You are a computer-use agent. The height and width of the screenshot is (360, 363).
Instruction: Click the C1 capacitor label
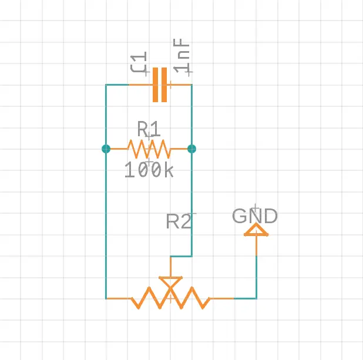click(139, 63)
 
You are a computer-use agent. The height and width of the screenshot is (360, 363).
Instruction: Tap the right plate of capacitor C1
click(164, 85)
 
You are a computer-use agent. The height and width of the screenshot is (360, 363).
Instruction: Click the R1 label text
click(149, 129)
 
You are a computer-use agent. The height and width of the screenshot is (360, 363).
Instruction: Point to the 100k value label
click(149, 170)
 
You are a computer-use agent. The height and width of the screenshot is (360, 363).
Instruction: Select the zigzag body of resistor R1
click(149, 149)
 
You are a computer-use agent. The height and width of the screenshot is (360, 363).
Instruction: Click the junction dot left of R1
click(106, 149)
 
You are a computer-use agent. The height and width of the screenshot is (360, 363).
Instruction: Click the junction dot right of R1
click(191, 149)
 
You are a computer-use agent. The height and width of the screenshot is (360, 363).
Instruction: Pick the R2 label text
click(179, 221)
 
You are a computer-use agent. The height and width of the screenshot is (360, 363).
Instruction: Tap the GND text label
click(255, 216)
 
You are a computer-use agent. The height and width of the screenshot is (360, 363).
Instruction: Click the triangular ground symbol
click(256, 230)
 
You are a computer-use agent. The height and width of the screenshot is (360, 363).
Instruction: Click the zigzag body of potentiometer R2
click(170, 298)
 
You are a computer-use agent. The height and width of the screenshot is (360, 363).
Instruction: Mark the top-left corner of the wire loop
click(106, 85)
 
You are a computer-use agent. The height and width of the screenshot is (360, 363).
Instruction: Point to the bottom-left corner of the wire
click(106, 298)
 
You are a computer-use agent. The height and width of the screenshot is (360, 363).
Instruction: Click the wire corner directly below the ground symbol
click(256, 298)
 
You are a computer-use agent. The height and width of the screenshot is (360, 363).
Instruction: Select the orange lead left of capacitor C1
click(140, 85)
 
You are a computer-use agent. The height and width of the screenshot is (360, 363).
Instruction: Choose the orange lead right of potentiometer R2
click(222, 298)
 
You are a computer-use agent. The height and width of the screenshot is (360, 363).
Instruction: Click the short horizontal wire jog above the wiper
click(181, 256)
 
